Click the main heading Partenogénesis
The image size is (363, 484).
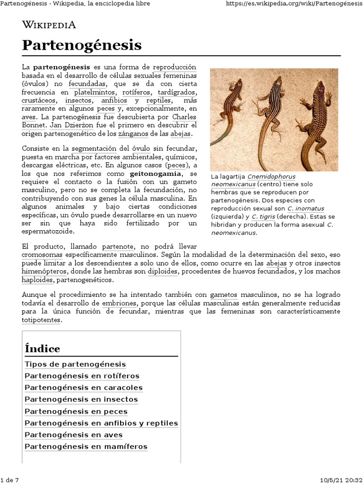coord(82,45)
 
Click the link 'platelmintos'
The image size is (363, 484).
coord(94,92)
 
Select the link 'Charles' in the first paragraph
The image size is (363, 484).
coord(184,117)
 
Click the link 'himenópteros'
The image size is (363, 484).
coord(44,271)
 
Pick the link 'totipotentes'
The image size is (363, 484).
coord(41,320)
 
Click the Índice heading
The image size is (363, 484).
coord(43,349)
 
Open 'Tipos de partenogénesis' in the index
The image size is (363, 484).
coord(75,364)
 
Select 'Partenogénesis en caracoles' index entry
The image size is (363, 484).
coord(83,388)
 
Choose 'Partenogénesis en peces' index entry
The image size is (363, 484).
coord(76,411)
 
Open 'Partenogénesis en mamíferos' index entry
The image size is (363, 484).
coord(86,447)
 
